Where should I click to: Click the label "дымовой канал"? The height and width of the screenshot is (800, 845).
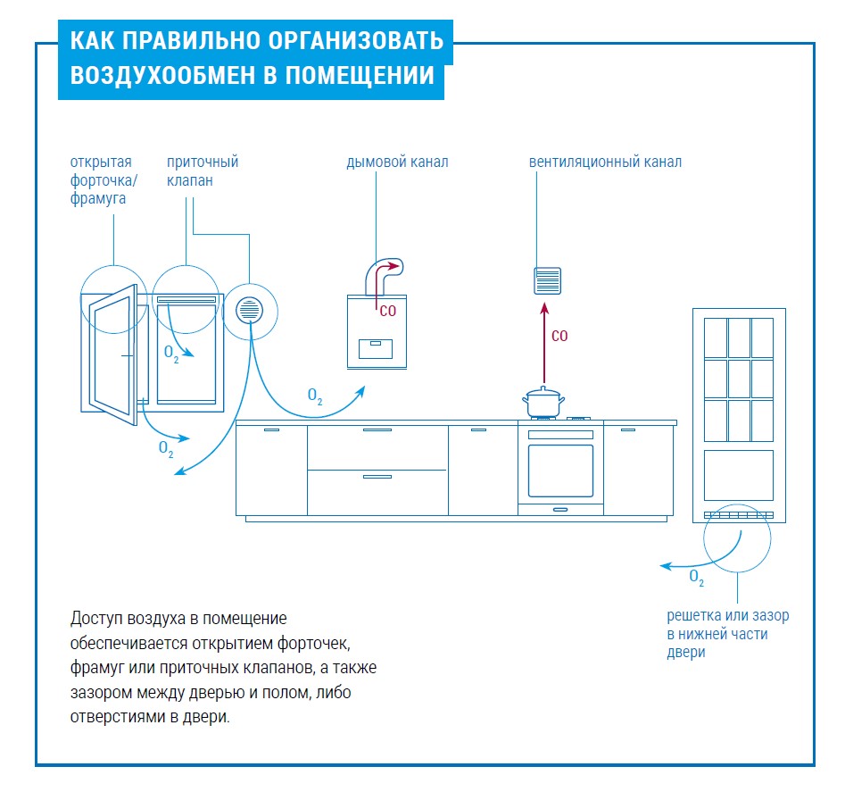397,162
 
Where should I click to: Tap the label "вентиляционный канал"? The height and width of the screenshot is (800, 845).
605,162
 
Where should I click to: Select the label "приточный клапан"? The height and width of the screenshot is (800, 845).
203,171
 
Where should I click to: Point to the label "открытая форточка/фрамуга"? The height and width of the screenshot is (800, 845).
102,180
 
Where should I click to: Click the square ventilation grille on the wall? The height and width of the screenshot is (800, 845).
547,281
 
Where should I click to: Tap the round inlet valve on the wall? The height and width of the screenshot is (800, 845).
249,310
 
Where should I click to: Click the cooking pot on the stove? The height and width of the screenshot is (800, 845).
543,401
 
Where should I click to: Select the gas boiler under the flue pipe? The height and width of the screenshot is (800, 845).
377,331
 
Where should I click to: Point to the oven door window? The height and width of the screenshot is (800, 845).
560,469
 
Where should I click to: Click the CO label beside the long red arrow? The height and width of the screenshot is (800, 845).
559,337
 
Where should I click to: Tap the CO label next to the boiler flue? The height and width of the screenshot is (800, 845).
387,312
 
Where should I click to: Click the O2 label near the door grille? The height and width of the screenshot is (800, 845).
697,578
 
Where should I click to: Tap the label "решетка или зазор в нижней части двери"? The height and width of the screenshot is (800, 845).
727,634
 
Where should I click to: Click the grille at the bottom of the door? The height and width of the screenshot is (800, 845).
738,515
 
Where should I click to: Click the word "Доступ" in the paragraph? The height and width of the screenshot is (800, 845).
93,619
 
